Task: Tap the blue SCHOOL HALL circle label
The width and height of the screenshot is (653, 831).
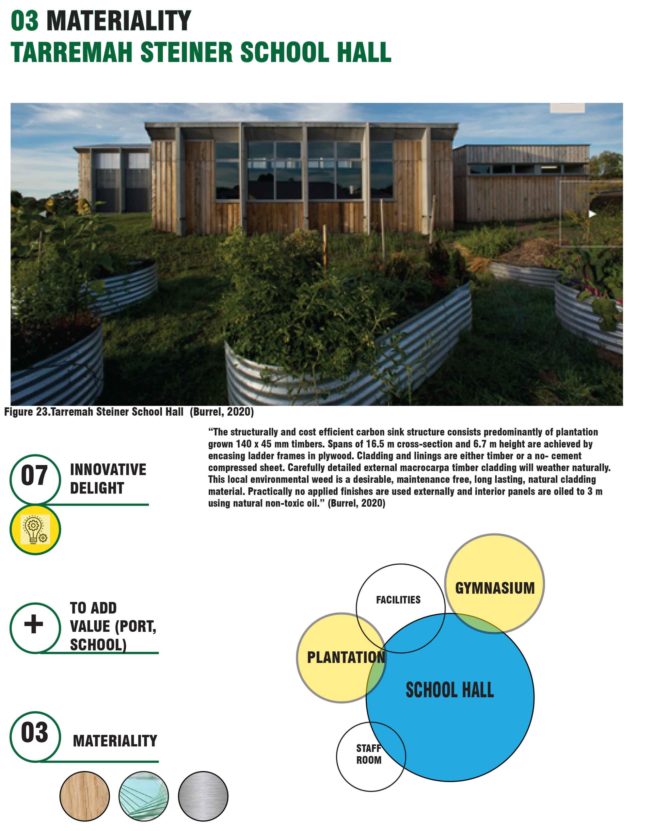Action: coord(450,690)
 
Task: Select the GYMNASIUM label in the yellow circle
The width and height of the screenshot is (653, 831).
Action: coord(495,588)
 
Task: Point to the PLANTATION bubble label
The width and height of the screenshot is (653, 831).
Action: coord(346,657)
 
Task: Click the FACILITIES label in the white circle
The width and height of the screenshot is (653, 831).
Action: coord(398,600)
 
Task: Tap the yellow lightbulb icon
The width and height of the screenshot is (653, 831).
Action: coord(35,529)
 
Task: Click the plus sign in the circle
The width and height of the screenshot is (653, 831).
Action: coord(34,625)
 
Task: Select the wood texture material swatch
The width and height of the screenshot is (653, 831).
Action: coord(85,796)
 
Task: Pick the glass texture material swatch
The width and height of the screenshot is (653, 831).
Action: coord(143,796)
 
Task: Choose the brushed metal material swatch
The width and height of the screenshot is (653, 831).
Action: coord(203,796)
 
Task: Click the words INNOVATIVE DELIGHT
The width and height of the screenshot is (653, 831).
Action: coord(108,479)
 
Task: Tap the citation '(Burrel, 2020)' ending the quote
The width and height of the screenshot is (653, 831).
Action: coord(356,503)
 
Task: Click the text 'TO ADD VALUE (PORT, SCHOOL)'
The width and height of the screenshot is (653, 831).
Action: coord(113,626)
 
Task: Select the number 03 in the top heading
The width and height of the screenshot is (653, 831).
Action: coord(25,21)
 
